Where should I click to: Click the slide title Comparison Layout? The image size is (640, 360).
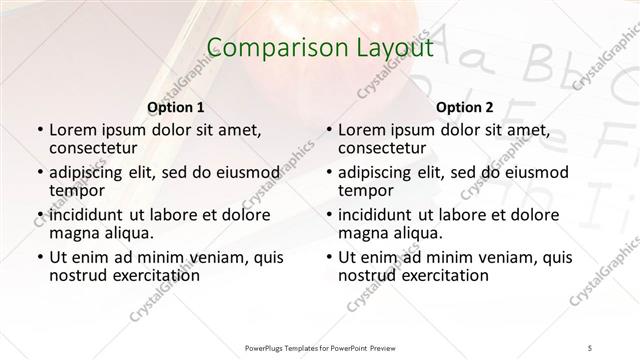(x=319, y=47)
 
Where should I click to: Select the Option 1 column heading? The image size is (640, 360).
(x=175, y=107)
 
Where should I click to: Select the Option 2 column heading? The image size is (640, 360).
(x=466, y=107)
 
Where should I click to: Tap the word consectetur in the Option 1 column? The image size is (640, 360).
(x=96, y=149)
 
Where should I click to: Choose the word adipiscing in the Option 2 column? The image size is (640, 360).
(x=383, y=172)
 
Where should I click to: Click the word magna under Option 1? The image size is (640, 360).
(x=72, y=233)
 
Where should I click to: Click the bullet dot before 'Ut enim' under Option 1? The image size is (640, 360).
(x=38, y=257)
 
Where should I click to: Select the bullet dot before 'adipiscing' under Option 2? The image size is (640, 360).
(x=329, y=173)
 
